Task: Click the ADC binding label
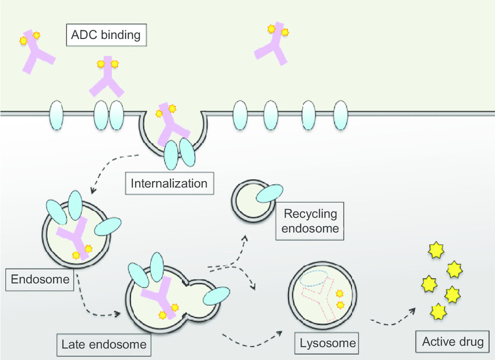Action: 106,35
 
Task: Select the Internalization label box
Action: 169,183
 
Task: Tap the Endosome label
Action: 40,280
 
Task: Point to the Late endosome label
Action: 104,344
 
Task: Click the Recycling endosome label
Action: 310,221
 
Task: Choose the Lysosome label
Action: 327,343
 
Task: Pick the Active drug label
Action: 452,342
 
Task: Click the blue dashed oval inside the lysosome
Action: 313,278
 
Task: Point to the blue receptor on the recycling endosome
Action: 270,193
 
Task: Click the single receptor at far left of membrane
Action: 56,115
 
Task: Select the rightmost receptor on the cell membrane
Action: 341,115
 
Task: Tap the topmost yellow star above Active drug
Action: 436,250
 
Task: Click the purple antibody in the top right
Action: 271,44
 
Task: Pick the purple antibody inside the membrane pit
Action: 172,124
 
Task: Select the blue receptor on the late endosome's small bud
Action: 217,296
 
